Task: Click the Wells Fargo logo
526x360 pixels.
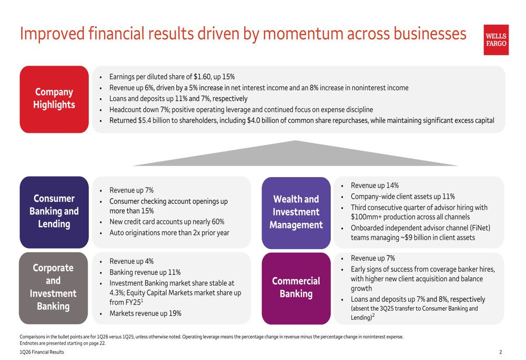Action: [496, 39]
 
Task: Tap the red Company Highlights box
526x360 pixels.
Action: [54, 99]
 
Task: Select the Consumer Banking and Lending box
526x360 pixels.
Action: [54, 212]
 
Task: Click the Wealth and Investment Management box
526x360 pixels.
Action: [296, 213]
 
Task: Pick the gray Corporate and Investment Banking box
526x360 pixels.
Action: [53, 288]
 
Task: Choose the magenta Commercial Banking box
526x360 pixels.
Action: [296, 289]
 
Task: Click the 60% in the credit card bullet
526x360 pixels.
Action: [218, 222]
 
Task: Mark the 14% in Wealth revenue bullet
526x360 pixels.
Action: [392, 186]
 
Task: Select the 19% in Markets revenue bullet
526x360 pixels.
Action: [175, 313]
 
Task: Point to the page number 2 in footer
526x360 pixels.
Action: [501, 352]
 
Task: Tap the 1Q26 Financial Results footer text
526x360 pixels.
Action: [42, 352]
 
